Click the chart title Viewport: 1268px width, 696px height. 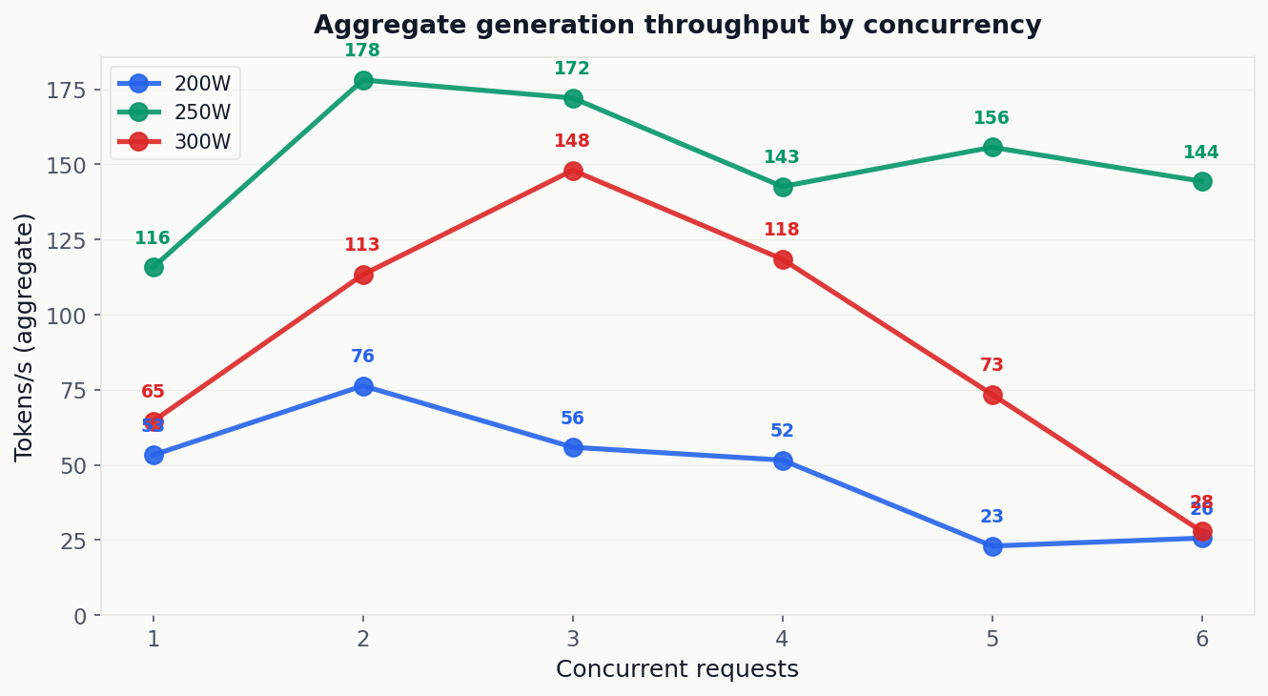point(677,26)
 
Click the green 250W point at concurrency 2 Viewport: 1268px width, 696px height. point(363,80)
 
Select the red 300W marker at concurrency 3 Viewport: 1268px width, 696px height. point(573,171)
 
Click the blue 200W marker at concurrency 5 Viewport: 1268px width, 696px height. point(992,546)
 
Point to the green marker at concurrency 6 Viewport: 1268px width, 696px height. point(1202,181)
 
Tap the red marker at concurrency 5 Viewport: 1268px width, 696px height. point(992,395)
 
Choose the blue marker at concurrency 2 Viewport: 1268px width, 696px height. point(363,386)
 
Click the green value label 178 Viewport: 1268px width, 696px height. point(362,51)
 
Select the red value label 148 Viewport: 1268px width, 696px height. point(572,141)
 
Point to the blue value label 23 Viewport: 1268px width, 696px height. point(992,517)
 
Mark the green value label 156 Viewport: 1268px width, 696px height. point(992,118)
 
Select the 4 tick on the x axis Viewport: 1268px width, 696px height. point(783,639)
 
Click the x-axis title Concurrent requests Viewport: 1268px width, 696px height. point(677,669)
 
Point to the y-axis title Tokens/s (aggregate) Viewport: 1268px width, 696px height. point(25,337)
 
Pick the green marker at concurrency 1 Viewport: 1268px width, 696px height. point(153,267)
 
